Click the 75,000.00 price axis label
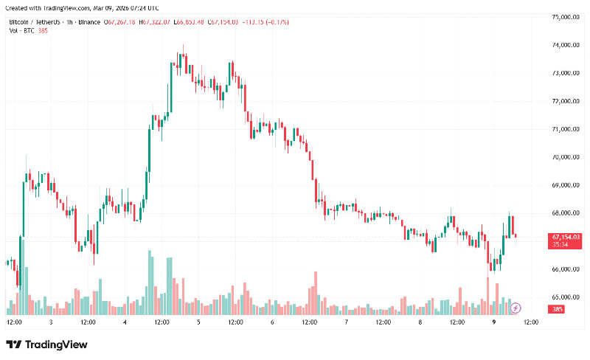click(x=566, y=17)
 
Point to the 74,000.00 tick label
click(x=566, y=45)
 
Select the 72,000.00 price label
click(x=566, y=101)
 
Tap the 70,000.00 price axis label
click(x=566, y=157)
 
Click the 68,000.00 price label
click(x=566, y=213)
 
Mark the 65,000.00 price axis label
click(x=566, y=297)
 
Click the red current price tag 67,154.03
click(x=566, y=237)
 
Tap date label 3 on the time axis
click(x=51, y=322)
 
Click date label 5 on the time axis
click(x=199, y=322)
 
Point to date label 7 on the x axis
click(x=347, y=322)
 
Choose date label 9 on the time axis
click(x=493, y=322)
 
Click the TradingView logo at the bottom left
click(x=46, y=345)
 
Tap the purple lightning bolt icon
click(x=516, y=308)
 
